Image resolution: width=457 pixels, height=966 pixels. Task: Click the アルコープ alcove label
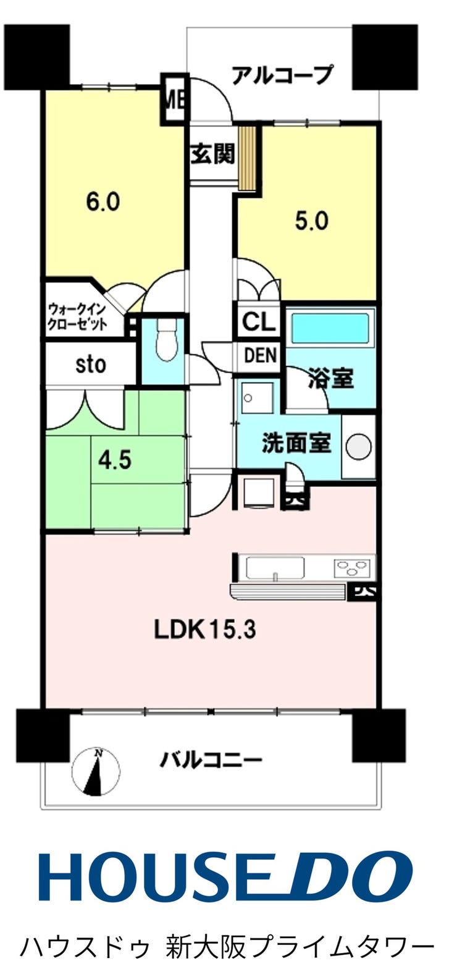pos(282,75)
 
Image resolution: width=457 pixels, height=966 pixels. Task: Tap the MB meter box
pos(175,101)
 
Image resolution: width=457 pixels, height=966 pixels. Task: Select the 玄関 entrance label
pos(213,154)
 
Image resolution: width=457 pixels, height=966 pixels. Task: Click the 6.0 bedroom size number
pos(103,202)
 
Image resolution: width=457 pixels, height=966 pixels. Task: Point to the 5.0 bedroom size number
pos(311,221)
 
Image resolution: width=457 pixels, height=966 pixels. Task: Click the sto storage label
pos(90,365)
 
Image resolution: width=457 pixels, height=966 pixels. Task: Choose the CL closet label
pos(258,321)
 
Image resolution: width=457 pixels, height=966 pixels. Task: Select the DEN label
pos(260,355)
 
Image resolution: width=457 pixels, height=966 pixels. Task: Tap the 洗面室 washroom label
pos(297,443)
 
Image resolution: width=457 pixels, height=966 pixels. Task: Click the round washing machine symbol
pos(359,446)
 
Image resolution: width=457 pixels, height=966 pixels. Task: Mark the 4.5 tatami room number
pos(115,460)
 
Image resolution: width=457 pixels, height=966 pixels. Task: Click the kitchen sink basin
pos(275,567)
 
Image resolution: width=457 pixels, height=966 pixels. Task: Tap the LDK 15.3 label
pos(205,630)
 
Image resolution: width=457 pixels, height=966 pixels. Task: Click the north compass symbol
pos(96,771)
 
